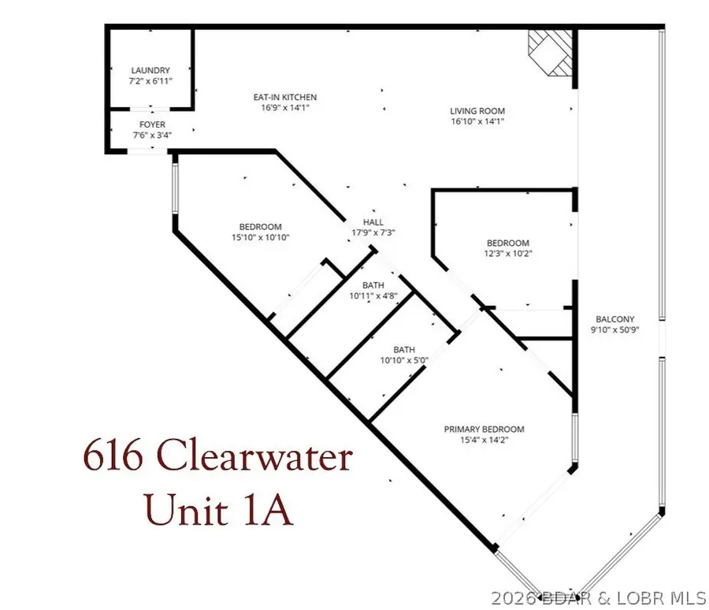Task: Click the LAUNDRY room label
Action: point(150,71)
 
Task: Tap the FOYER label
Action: point(151,125)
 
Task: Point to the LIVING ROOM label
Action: point(477,111)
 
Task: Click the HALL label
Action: point(373,222)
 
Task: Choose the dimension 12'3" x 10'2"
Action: point(507,254)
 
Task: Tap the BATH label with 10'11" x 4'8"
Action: point(373,285)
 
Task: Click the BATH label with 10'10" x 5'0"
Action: point(404,349)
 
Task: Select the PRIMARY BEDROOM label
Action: point(484,430)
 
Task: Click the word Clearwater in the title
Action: point(254,457)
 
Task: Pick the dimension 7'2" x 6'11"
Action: point(150,81)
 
